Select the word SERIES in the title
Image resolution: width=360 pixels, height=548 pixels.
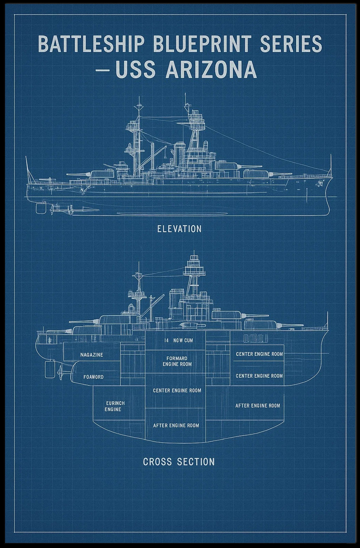click(x=291, y=44)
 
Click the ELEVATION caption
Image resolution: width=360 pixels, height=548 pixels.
click(x=179, y=229)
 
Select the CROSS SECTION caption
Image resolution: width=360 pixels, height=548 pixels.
click(x=179, y=462)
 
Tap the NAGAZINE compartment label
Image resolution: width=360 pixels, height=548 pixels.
click(x=92, y=355)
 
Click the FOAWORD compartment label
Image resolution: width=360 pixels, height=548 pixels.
click(x=93, y=377)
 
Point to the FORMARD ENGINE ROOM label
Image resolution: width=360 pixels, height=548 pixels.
click(x=177, y=361)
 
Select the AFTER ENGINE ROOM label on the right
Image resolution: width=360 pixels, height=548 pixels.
click(x=258, y=406)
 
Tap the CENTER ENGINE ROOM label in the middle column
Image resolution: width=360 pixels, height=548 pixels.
click(x=177, y=391)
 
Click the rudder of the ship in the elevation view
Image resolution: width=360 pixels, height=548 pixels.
click(x=41, y=208)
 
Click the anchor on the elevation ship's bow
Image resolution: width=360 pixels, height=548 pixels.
click(x=319, y=183)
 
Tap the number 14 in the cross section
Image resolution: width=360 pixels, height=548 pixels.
click(x=167, y=340)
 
